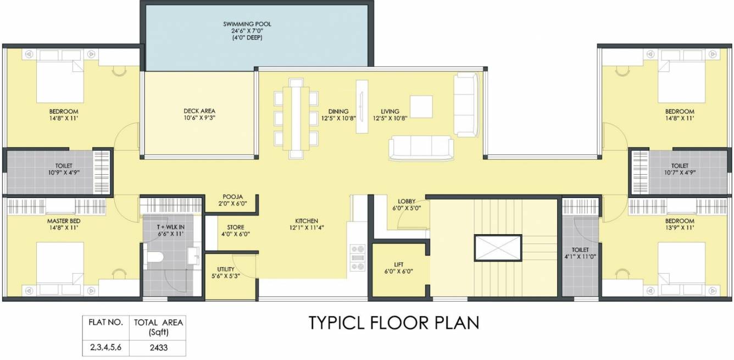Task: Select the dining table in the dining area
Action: pos(296,116)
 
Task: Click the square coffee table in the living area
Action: pos(421,107)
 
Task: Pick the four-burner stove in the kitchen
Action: pos(358,257)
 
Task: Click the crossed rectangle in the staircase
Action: pos(498,248)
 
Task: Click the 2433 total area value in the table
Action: pos(159,347)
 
